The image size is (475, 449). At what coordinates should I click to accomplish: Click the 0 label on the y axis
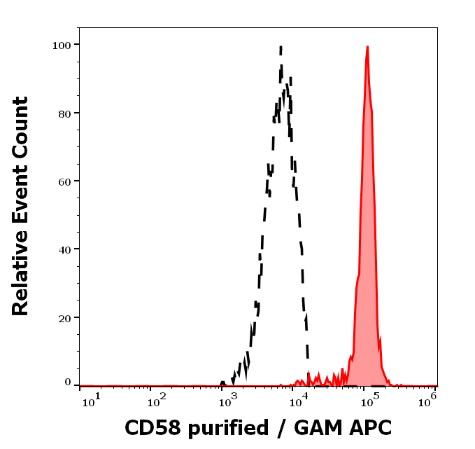pos(69,382)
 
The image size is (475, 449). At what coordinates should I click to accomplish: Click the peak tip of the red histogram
pos(367,47)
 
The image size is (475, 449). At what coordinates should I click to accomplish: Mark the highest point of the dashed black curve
pos(281,47)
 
